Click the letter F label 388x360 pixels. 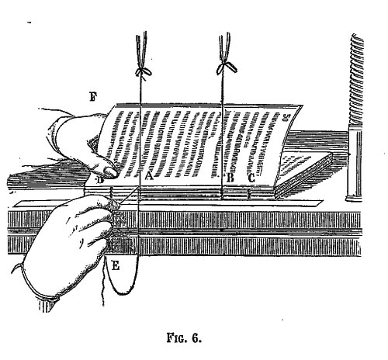[x=93, y=97]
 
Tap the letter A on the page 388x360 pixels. [x=149, y=176]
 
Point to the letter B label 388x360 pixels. [x=230, y=178]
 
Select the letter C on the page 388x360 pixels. [x=251, y=178]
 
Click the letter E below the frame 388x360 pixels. [x=116, y=265]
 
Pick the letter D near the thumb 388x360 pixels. [x=100, y=180]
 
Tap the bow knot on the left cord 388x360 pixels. [x=143, y=71]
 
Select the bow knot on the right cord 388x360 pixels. [x=226, y=67]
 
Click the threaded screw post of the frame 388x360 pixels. [x=357, y=79]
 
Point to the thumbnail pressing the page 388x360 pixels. [x=109, y=171]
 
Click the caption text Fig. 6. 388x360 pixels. [x=184, y=337]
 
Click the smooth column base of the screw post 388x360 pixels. [x=355, y=163]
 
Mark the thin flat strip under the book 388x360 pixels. [x=168, y=203]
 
